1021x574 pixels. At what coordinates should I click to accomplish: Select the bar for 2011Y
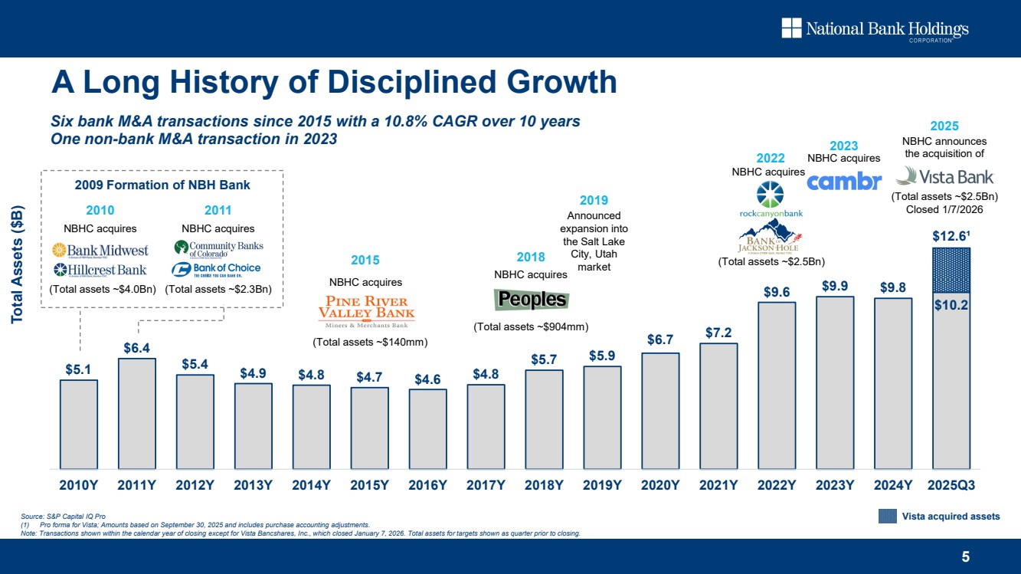[137, 413]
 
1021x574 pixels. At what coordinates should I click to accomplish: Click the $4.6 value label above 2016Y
[427, 379]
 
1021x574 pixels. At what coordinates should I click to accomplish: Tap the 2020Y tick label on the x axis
[660, 484]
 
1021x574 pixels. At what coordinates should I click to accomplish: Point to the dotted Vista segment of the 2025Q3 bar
[951, 270]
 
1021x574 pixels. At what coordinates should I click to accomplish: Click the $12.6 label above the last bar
[951, 235]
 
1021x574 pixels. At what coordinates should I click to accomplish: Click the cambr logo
[845, 182]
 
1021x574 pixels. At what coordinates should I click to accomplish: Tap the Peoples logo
[532, 299]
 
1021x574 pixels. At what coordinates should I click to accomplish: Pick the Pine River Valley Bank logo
[366, 310]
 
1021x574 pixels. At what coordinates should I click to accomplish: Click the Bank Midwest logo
[100, 250]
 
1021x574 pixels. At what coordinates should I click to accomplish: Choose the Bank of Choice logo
[217, 269]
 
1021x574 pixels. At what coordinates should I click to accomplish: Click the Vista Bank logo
[944, 177]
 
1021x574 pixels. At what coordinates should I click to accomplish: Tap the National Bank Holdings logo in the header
[875, 30]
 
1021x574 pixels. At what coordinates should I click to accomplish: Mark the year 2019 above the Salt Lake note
[594, 200]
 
